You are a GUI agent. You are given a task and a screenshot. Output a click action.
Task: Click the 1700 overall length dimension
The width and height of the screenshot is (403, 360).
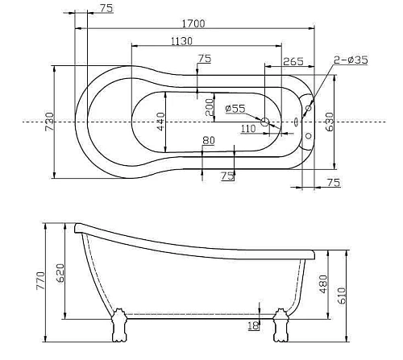coord(193,24)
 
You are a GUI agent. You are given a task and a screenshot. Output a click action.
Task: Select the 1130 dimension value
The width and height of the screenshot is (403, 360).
coord(187,40)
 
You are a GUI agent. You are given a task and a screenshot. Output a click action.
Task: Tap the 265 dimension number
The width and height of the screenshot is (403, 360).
coord(293,61)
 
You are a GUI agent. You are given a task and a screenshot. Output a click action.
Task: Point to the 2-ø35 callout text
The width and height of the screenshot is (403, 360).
coord(351,60)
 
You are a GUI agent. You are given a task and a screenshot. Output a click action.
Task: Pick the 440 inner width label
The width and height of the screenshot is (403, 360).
coord(160,121)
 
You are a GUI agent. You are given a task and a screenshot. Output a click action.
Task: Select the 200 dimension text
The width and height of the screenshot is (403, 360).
coord(209,107)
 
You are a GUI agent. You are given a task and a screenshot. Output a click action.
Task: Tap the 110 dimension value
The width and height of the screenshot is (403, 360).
coord(248,127)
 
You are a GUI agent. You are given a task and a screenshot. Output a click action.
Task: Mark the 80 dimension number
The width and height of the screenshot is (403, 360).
coord(209,140)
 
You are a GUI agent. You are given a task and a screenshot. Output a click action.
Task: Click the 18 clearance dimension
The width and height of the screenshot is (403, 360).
coord(254,325)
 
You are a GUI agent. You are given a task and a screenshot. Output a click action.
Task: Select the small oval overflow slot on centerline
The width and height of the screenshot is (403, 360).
coord(296,122)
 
